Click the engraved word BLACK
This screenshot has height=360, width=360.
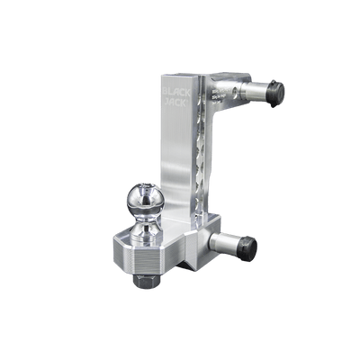point(175,92)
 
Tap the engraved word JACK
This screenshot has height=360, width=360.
point(175,103)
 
